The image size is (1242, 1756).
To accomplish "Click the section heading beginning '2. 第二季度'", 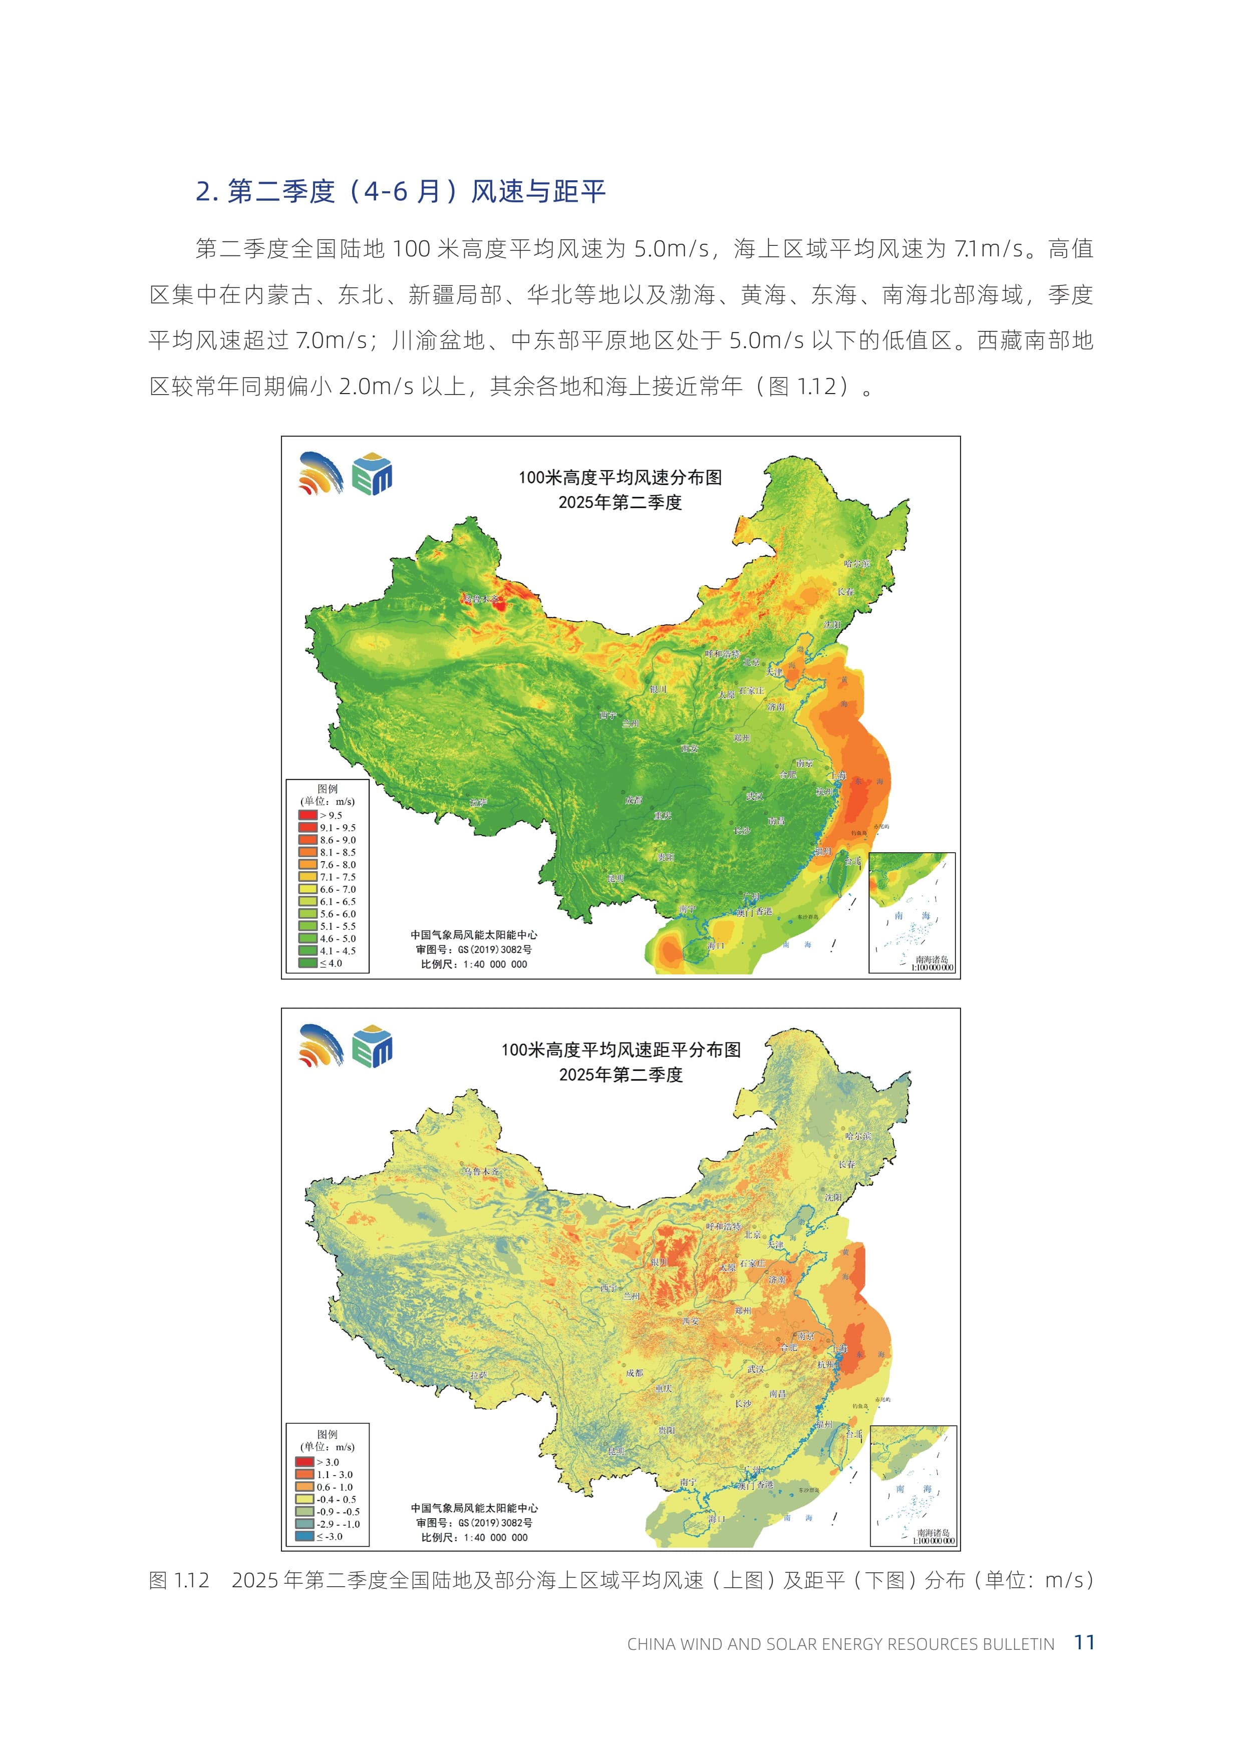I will pos(401,191).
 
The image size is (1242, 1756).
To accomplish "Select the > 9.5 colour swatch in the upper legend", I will pos(307,815).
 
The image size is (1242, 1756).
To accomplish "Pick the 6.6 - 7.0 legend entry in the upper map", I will pos(328,889).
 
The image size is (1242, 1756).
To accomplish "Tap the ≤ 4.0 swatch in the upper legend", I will pos(307,963).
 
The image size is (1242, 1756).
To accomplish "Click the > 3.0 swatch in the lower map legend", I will pos(304,1462).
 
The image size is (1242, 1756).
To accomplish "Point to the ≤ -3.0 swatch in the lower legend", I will pos(304,1536).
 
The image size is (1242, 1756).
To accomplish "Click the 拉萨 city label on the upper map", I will pos(478,802).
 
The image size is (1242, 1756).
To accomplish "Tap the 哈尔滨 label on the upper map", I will pos(856,564).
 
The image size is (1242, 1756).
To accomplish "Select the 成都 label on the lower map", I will pos(634,1373).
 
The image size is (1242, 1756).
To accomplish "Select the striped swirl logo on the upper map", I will pos(321,473).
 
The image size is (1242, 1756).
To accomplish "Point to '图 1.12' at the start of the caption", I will pos(179,1580).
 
